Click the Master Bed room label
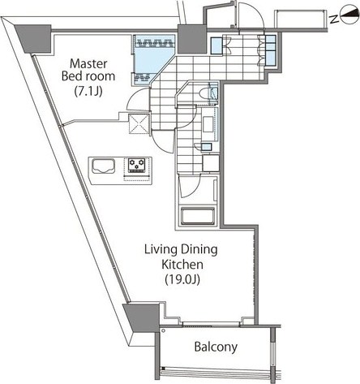(x=88, y=70)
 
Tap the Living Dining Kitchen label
(x=181, y=257)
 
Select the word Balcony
(x=216, y=347)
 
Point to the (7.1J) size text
(x=88, y=92)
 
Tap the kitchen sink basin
(x=103, y=166)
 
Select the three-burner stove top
(x=136, y=165)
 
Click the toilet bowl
(x=204, y=93)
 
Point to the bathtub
(x=198, y=216)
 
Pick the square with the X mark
(x=139, y=124)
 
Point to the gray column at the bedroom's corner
(x=34, y=39)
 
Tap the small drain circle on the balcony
(x=163, y=330)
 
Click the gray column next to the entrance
(x=191, y=39)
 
